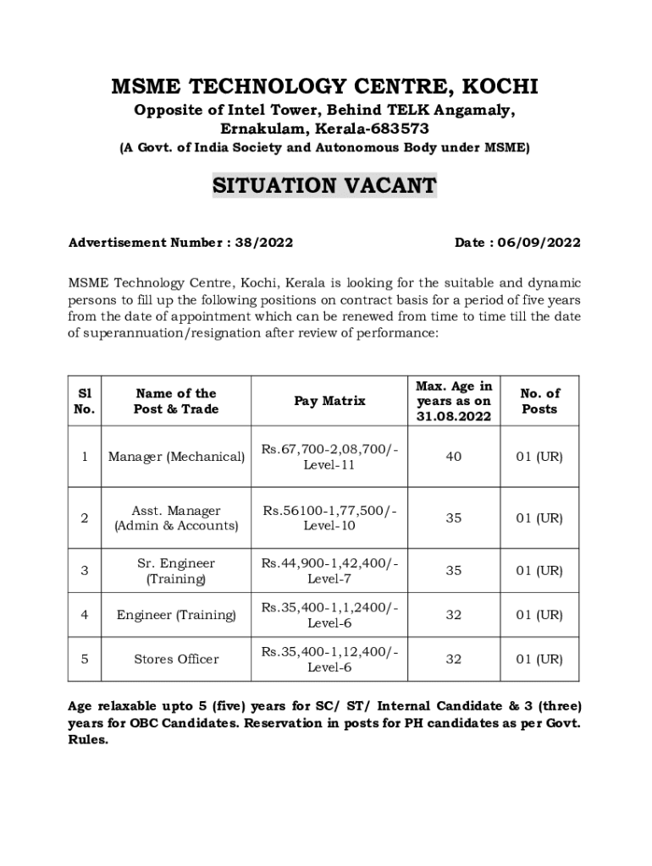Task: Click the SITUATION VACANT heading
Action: pyautogui.click(x=324, y=185)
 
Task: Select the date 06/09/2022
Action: pyautogui.click(x=539, y=243)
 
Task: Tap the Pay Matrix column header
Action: pyautogui.click(x=329, y=401)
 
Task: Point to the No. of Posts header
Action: pyautogui.click(x=539, y=401)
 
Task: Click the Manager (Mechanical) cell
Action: pyautogui.click(x=176, y=457)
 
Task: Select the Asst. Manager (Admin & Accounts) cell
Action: pyautogui.click(x=176, y=518)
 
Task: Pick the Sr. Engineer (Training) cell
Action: pyautogui.click(x=176, y=571)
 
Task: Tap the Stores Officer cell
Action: pyautogui.click(x=176, y=659)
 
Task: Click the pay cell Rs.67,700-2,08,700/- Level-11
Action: pyautogui.click(x=329, y=457)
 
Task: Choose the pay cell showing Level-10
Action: pyautogui.click(x=329, y=518)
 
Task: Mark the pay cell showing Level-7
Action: pyautogui.click(x=329, y=571)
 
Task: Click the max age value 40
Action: pyautogui.click(x=454, y=457)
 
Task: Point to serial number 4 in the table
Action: pyautogui.click(x=85, y=615)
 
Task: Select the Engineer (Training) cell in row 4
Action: pyautogui.click(x=176, y=615)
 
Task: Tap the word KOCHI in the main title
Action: pyautogui.click(x=500, y=87)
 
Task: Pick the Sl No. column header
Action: pyautogui.click(x=85, y=401)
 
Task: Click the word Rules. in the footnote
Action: pyautogui.click(x=88, y=738)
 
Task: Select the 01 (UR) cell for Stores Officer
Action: pyautogui.click(x=539, y=659)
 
